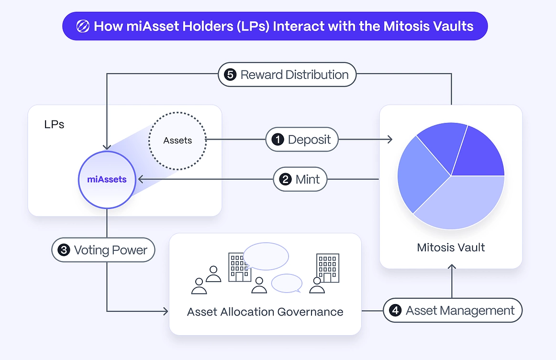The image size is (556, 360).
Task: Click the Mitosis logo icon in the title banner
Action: (x=83, y=26)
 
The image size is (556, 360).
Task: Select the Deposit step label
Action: (x=302, y=140)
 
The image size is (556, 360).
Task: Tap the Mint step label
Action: (x=300, y=179)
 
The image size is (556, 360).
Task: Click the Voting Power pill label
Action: (x=103, y=250)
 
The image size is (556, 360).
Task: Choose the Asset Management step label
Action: (x=453, y=310)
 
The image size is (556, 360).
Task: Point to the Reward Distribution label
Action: (x=287, y=75)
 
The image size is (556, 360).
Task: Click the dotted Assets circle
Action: (x=178, y=141)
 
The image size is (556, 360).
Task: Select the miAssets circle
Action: (x=107, y=180)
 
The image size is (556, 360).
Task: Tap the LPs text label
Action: (x=54, y=124)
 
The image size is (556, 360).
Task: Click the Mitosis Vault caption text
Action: (x=451, y=247)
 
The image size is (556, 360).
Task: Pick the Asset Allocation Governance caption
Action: (x=265, y=312)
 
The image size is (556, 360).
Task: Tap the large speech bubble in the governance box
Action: (x=266, y=256)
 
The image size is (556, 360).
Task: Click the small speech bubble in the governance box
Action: (x=287, y=283)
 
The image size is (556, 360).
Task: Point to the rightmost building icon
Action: (x=328, y=268)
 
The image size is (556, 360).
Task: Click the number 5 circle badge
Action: (x=230, y=75)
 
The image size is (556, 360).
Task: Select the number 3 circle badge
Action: (x=64, y=250)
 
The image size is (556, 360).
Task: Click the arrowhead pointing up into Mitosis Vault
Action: (x=451, y=267)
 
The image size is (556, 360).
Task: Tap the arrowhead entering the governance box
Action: (x=166, y=311)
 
